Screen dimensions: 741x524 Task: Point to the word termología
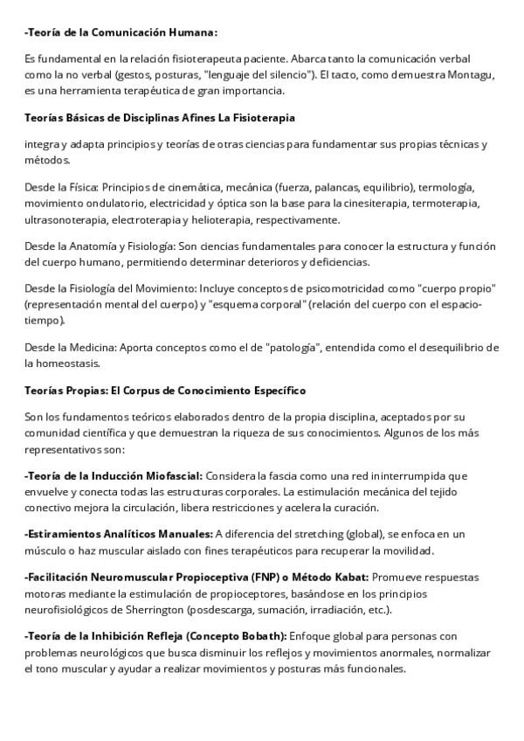[x=446, y=187]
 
